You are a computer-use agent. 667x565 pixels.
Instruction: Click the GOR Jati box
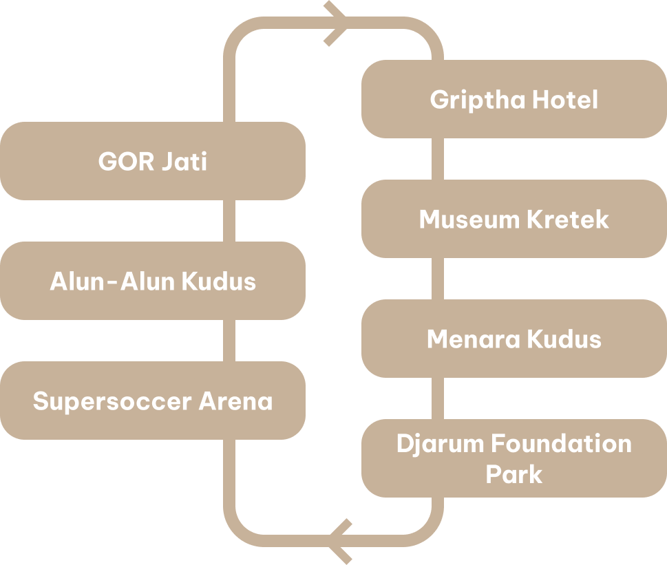pyautogui.click(x=152, y=161)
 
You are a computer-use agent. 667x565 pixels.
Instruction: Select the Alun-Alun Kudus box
pyautogui.click(x=152, y=281)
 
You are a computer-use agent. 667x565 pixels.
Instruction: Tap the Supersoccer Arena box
pyautogui.click(x=152, y=401)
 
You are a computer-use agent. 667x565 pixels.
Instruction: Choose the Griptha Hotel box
pyautogui.click(x=514, y=99)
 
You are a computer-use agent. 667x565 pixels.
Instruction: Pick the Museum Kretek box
pyautogui.click(x=514, y=219)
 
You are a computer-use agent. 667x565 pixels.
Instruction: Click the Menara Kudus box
pyautogui.click(x=514, y=339)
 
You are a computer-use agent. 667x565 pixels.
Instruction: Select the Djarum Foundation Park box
pyautogui.click(x=514, y=458)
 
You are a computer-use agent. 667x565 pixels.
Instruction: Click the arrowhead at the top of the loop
pyautogui.click(x=336, y=23)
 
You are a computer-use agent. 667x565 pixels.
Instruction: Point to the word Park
pyautogui.click(x=514, y=474)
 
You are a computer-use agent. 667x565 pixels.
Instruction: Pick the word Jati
pyautogui.click(x=184, y=162)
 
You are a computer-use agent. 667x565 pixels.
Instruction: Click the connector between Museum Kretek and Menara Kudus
pyautogui.click(x=437, y=279)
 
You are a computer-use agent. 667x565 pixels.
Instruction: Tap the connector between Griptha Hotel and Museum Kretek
pyautogui.click(x=437, y=159)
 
